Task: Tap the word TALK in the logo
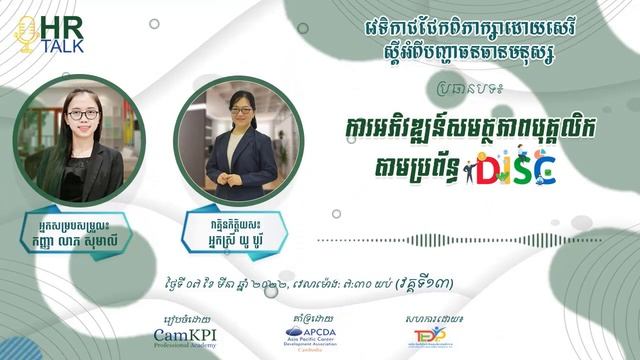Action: tap(63, 44)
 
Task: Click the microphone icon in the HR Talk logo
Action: tap(27, 35)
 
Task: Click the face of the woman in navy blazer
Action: tap(238, 113)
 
